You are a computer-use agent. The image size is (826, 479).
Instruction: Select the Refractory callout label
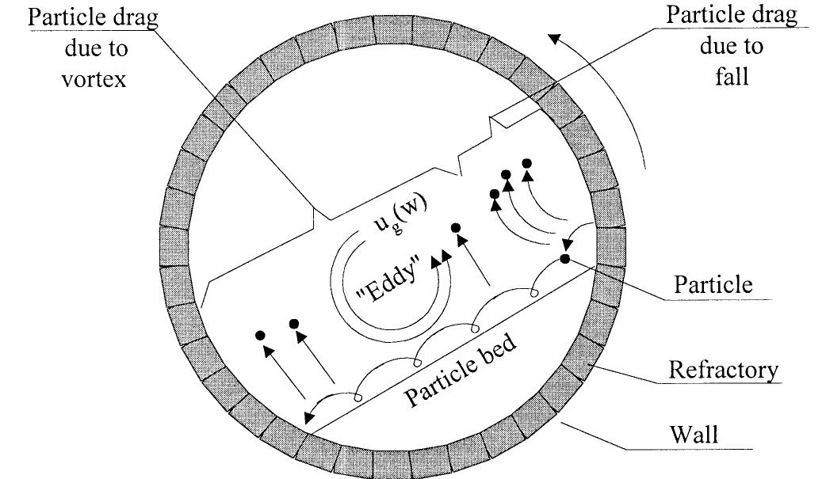point(724,370)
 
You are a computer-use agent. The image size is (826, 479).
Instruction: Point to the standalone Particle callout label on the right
point(713,285)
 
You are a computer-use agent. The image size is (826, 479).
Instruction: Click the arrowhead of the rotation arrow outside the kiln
point(558,36)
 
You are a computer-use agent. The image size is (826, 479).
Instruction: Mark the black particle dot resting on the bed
point(564,258)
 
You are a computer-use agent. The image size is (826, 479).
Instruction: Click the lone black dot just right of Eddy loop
point(456,228)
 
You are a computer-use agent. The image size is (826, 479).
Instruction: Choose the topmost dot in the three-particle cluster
point(526,163)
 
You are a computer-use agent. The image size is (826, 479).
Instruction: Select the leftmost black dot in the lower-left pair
point(259,336)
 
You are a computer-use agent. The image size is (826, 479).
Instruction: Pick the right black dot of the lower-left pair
point(294,324)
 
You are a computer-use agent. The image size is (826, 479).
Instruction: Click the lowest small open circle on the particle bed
point(358,397)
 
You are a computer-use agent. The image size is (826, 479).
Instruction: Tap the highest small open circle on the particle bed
point(535,295)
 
